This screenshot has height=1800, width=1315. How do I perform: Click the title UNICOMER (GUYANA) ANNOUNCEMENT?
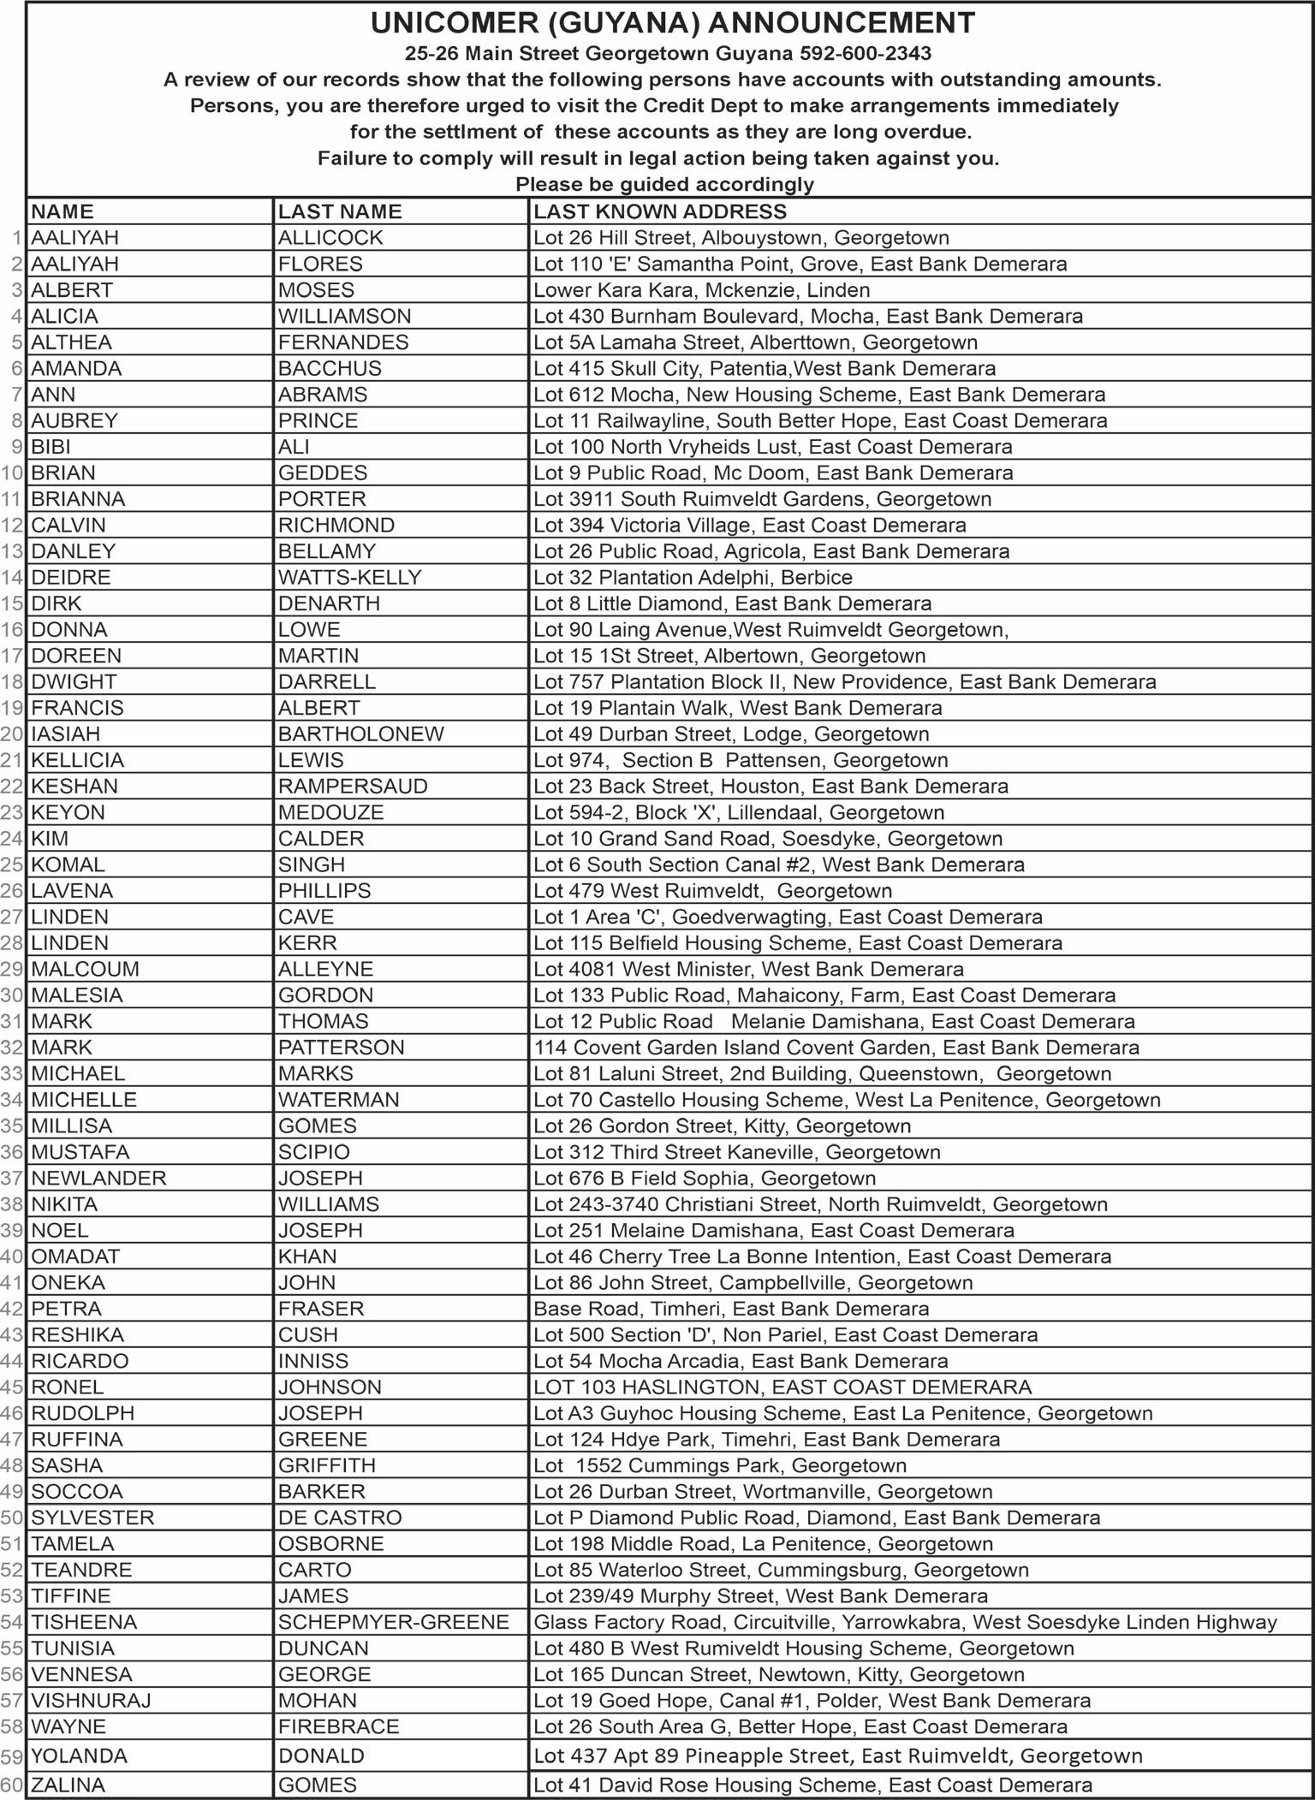coord(672,23)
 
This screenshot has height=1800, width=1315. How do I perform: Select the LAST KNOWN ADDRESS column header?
coord(659,211)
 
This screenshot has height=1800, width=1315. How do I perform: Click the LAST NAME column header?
coord(340,211)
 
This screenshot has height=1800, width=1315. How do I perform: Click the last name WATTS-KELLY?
coord(349,578)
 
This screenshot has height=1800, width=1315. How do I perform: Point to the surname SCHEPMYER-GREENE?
coord(393,1622)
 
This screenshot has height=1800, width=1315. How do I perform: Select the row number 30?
coord(12,995)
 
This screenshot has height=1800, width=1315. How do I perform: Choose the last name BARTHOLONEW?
coord(360,734)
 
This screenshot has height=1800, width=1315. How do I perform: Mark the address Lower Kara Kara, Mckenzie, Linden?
coord(701,290)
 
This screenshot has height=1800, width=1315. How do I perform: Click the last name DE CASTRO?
coord(339,1518)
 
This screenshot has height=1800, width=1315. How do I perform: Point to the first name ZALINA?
coord(68,1785)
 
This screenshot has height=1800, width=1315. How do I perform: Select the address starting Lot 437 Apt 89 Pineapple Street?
coord(837,1756)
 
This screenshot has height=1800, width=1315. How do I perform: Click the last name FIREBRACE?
coord(338,1726)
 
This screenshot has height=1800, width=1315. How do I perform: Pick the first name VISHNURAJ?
coord(91,1701)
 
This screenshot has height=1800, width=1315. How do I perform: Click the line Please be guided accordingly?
coord(664,184)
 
